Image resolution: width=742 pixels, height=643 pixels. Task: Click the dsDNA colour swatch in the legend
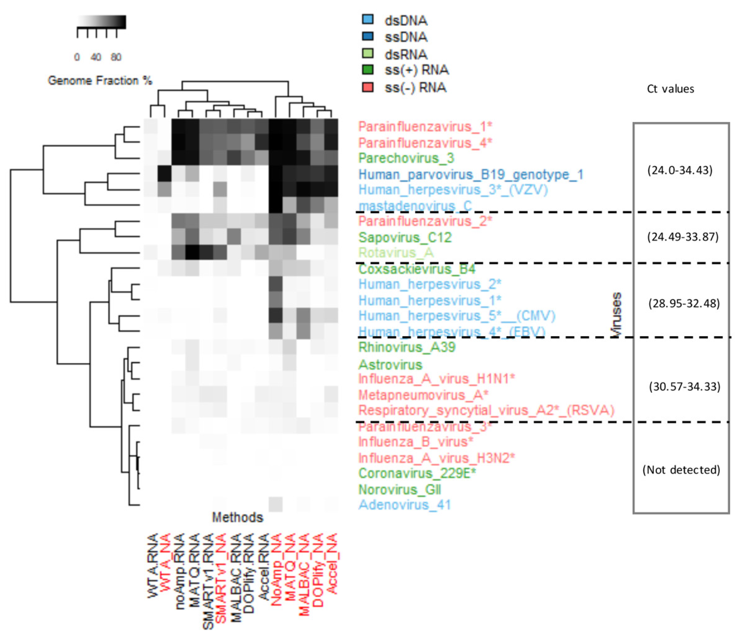[x=368, y=19]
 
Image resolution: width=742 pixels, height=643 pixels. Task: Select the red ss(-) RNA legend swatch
[x=368, y=87]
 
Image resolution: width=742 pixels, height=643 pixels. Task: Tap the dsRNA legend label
[x=406, y=55]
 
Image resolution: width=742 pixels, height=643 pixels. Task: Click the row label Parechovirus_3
[x=406, y=158]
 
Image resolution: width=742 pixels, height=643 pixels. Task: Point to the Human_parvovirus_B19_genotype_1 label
[x=471, y=175]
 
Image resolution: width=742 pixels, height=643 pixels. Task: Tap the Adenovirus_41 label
[x=404, y=505]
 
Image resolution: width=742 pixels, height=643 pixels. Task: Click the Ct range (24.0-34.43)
[x=680, y=170]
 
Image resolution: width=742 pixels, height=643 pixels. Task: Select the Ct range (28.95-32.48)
[x=684, y=304]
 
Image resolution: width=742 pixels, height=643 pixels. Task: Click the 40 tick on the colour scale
[x=96, y=57]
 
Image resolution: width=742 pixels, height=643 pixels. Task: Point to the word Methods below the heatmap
[x=237, y=517]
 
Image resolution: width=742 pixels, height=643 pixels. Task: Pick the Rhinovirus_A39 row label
[x=407, y=347]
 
